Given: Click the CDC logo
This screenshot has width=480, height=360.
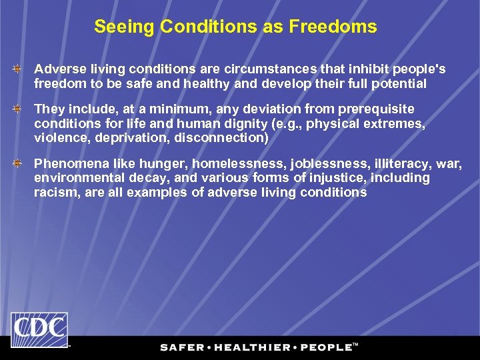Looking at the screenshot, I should tap(39, 329).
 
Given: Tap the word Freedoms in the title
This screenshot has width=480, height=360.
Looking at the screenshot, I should tap(342, 27).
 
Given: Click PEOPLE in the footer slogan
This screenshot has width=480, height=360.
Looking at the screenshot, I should tap(327, 347).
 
